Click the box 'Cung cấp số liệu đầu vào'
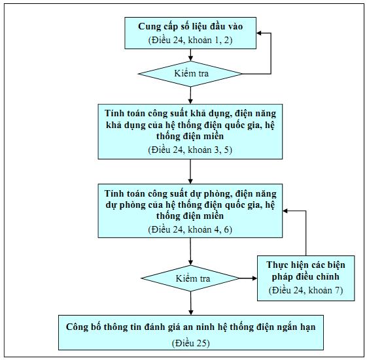[190, 33]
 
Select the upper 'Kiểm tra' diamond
[190, 74]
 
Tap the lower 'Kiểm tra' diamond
[190, 278]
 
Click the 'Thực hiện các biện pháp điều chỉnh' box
[306, 278]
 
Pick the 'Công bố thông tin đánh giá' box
[191, 333]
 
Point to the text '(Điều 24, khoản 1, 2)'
[190, 41]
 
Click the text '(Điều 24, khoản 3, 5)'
[190, 150]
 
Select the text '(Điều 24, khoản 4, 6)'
[190, 229]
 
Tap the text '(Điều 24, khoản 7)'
[306, 290]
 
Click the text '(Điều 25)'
[191, 343]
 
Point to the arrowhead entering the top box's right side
[258, 33]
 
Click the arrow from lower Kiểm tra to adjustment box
[249, 278]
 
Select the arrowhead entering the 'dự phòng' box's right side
[285, 211]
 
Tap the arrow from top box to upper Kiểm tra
[190, 55]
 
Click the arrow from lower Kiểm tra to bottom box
[191, 303]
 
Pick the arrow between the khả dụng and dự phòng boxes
[190, 172]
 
